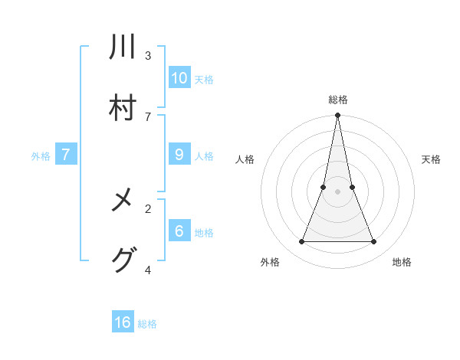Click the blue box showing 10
[179, 77]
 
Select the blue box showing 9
[179, 155]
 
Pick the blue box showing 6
[179, 231]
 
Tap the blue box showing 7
[66, 155]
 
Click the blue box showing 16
[123, 322]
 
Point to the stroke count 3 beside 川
[148, 55]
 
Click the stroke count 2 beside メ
[148, 208]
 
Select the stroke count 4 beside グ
[148, 269]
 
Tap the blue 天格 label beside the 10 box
[204, 79]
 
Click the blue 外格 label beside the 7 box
[41, 156]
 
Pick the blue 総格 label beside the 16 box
[147, 324]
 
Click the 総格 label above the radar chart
[337, 100]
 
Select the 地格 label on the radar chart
[402, 262]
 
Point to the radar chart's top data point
[337, 116]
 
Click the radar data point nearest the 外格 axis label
[301, 242]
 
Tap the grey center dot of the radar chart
[337, 192]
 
